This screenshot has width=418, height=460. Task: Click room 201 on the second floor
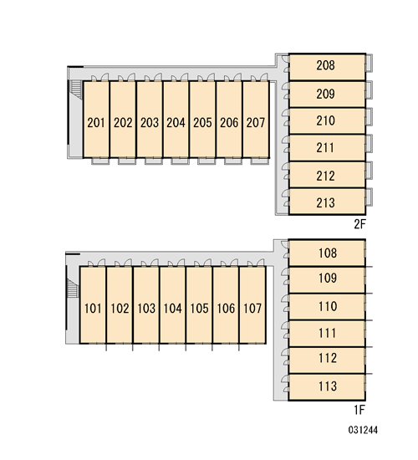(96, 120)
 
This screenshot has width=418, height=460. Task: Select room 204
(176, 120)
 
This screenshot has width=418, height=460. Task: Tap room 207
(256, 120)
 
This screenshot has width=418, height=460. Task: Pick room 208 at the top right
(327, 67)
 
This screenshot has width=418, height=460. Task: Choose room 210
(327, 121)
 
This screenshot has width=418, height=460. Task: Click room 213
(327, 202)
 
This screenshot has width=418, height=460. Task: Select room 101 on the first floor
(93, 304)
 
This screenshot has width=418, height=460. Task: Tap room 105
(199, 304)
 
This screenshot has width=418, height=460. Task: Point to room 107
(252, 304)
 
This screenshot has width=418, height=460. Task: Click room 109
(327, 280)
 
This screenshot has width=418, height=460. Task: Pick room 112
(327, 360)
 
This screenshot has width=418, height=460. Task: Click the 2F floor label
(360, 224)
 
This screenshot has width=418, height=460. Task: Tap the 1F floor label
(359, 410)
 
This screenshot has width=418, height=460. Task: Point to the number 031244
(363, 430)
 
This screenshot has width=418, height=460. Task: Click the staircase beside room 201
(76, 89)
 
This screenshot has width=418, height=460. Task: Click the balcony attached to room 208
(369, 63)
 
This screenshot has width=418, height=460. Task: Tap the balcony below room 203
(154, 161)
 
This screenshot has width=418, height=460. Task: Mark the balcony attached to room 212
(369, 171)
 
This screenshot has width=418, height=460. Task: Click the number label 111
(328, 333)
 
